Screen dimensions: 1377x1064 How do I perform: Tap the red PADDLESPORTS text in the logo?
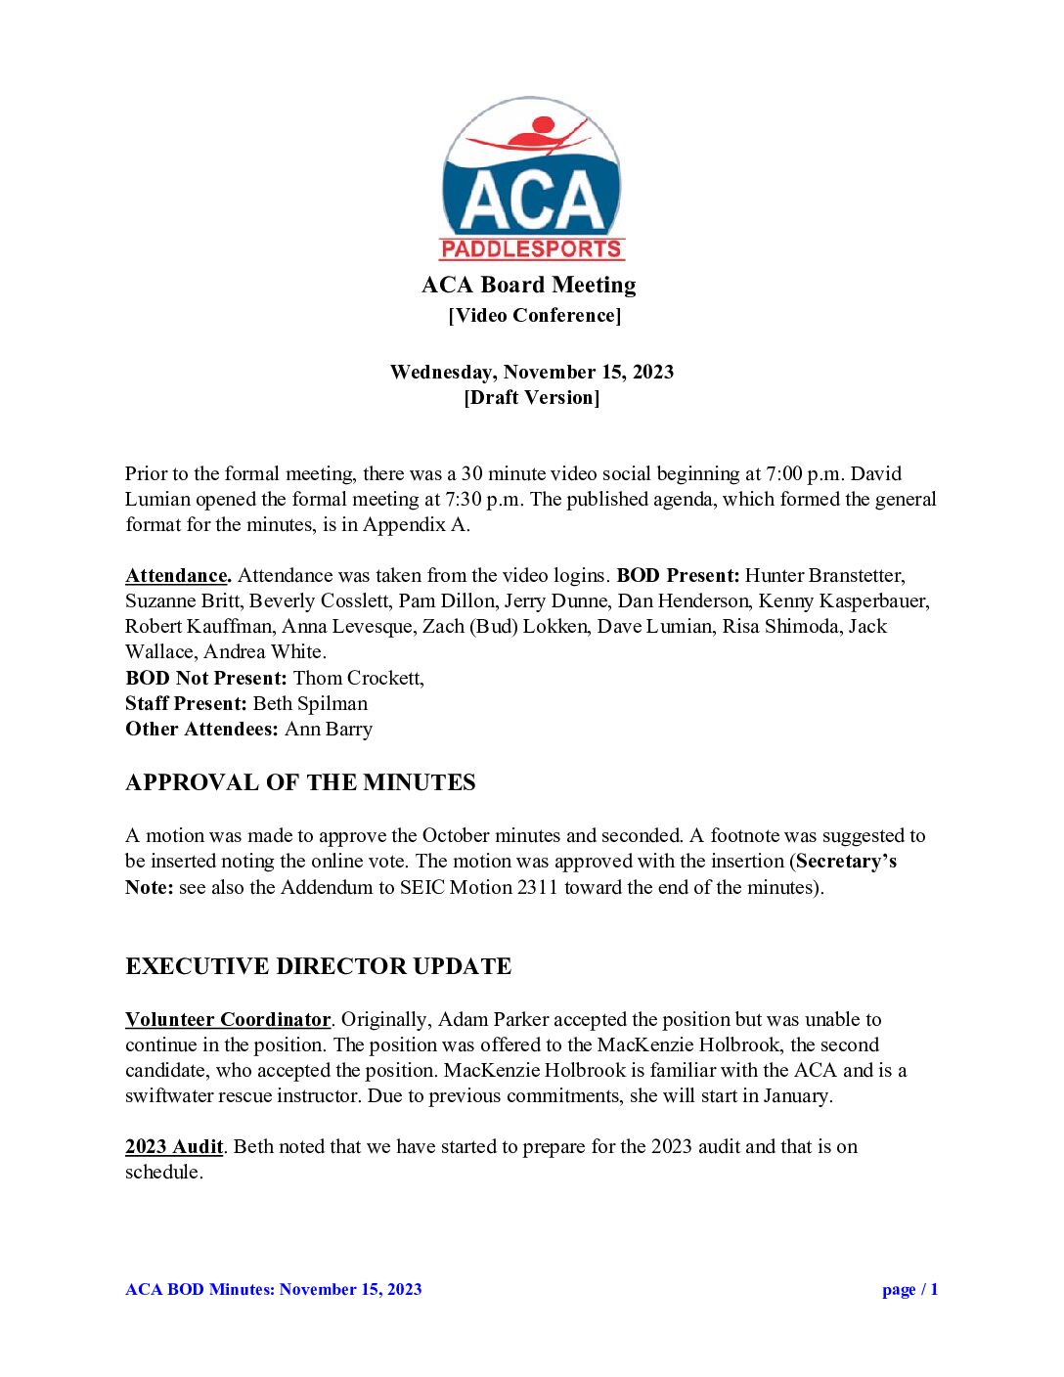pos(531,249)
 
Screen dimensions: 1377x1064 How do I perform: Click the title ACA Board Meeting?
pos(529,285)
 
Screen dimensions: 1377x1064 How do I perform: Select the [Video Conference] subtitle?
pos(535,315)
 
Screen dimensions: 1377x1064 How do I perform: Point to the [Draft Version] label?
pos(532,397)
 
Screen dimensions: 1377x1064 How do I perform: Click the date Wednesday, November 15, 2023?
pos(532,372)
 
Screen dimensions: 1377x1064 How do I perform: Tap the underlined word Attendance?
pos(177,576)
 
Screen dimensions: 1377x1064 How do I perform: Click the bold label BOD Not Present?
pos(206,678)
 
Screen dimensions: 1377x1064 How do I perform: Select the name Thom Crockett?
pos(357,678)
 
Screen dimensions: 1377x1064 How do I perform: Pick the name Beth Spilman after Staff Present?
pos(310,703)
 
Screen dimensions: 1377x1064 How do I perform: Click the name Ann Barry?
pos(329,729)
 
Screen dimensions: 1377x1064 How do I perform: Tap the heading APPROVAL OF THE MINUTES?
pos(300,782)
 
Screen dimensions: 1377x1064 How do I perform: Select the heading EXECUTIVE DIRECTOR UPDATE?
pos(318,966)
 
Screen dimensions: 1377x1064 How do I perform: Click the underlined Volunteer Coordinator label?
pos(228,1019)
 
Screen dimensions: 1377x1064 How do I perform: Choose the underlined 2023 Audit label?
pos(174,1146)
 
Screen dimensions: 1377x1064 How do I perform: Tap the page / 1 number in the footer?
pos(909,1289)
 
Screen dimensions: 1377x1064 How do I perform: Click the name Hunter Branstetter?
pos(824,576)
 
